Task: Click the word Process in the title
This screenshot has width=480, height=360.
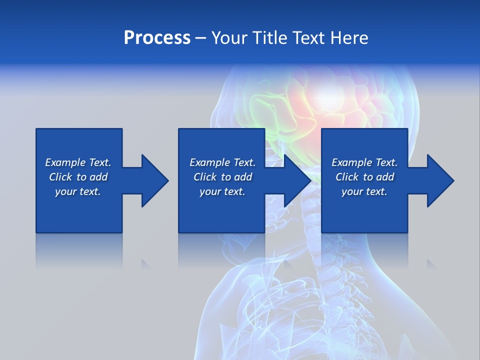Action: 157,38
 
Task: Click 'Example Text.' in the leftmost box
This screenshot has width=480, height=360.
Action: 78,162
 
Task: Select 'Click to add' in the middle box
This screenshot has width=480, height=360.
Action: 222,177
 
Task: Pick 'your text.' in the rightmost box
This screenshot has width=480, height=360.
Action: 364,191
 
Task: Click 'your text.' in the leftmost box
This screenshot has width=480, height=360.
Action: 78,191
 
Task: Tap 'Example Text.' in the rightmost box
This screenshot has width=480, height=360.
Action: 364,162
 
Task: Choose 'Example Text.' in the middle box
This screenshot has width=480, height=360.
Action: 222,162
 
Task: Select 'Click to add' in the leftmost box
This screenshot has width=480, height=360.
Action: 78,177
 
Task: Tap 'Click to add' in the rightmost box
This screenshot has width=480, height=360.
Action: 364,177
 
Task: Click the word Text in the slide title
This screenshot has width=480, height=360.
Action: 308,38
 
